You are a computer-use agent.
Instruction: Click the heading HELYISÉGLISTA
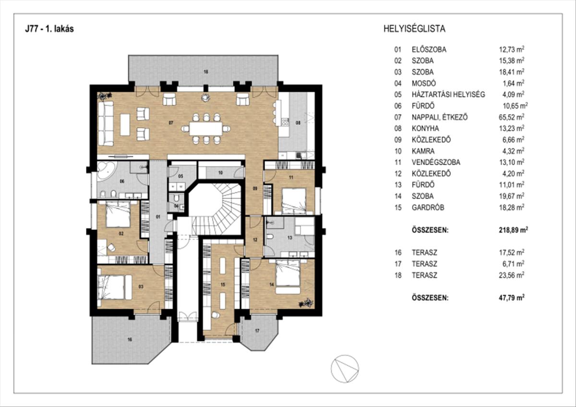point(414,29)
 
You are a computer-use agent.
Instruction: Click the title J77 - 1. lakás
point(49,29)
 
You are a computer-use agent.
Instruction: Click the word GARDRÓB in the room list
point(427,208)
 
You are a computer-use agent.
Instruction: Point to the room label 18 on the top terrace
point(205,72)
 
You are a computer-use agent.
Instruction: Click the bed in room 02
point(118,214)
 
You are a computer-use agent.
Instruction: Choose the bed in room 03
point(115,287)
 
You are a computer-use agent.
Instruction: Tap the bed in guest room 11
point(294,200)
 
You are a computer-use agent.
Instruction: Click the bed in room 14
point(287,277)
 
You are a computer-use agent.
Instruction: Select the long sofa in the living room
point(106,123)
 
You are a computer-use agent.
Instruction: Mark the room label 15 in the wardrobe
point(222,285)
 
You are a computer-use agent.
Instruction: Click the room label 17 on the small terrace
point(257,331)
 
